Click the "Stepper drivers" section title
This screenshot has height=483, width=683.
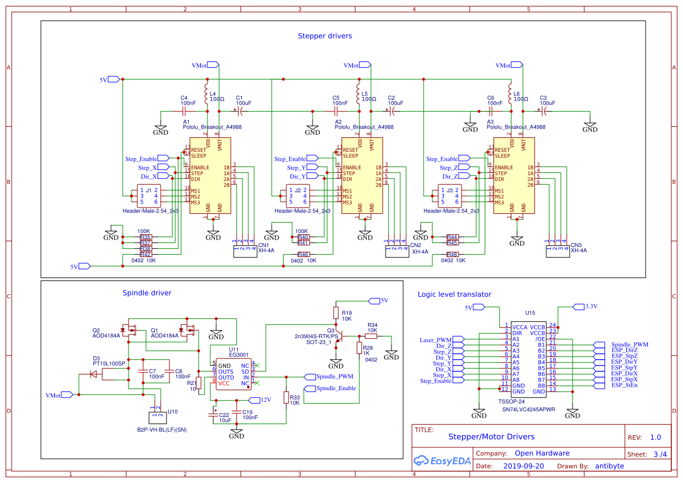[x=325, y=36]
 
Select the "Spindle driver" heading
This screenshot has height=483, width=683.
[x=147, y=293]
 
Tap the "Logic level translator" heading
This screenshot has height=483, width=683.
[x=454, y=294]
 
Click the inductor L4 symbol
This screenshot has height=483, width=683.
[x=206, y=93]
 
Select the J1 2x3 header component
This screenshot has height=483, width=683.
[x=148, y=196]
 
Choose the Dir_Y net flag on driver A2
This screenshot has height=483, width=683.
[x=314, y=176]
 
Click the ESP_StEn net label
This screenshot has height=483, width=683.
[x=625, y=385]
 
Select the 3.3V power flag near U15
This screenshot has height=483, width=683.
[x=579, y=306]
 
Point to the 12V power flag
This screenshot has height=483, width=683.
[x=254, y=400]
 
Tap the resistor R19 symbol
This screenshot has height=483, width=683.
[x=336, y=312]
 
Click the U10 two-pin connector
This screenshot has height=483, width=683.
[x=156, y=416]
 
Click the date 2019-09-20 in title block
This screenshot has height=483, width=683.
[x=523, y=466]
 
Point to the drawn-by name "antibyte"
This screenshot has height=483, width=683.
[x=609, y=466]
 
